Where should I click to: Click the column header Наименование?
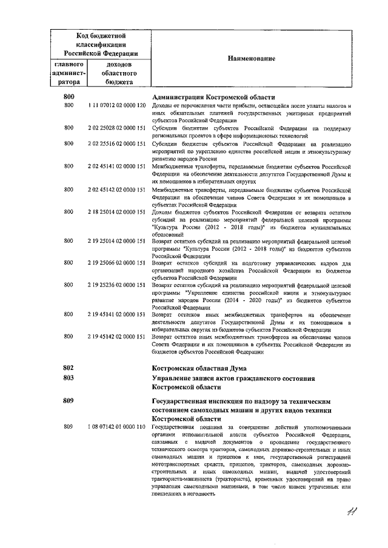(251, 58)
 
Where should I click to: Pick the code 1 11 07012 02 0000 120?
(116, 106)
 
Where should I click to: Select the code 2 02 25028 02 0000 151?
(116, 128)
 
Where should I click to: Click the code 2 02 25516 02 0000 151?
(116, 144)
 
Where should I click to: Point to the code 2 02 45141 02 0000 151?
(116, 167)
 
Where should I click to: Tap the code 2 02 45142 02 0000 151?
(116, 190)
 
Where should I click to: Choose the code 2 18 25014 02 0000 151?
(116, 212)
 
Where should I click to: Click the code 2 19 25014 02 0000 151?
(116, 240)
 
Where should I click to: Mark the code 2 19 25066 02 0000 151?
(116, 263)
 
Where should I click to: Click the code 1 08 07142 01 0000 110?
(116, 427)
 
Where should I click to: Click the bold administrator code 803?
(69, 378)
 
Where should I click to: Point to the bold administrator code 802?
(69, 368)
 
